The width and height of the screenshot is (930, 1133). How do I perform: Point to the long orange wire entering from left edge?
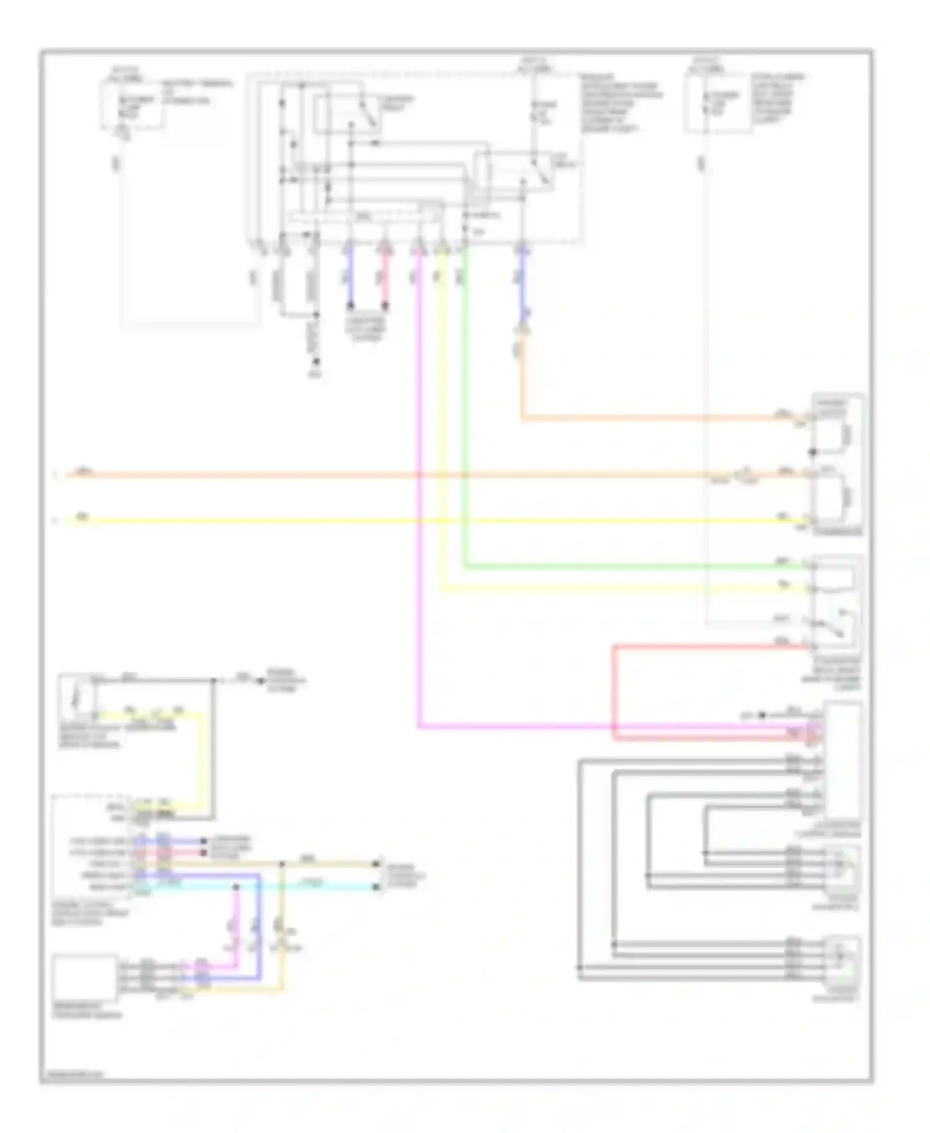[372, 475]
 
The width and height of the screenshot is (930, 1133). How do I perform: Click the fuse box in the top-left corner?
[132, 104]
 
